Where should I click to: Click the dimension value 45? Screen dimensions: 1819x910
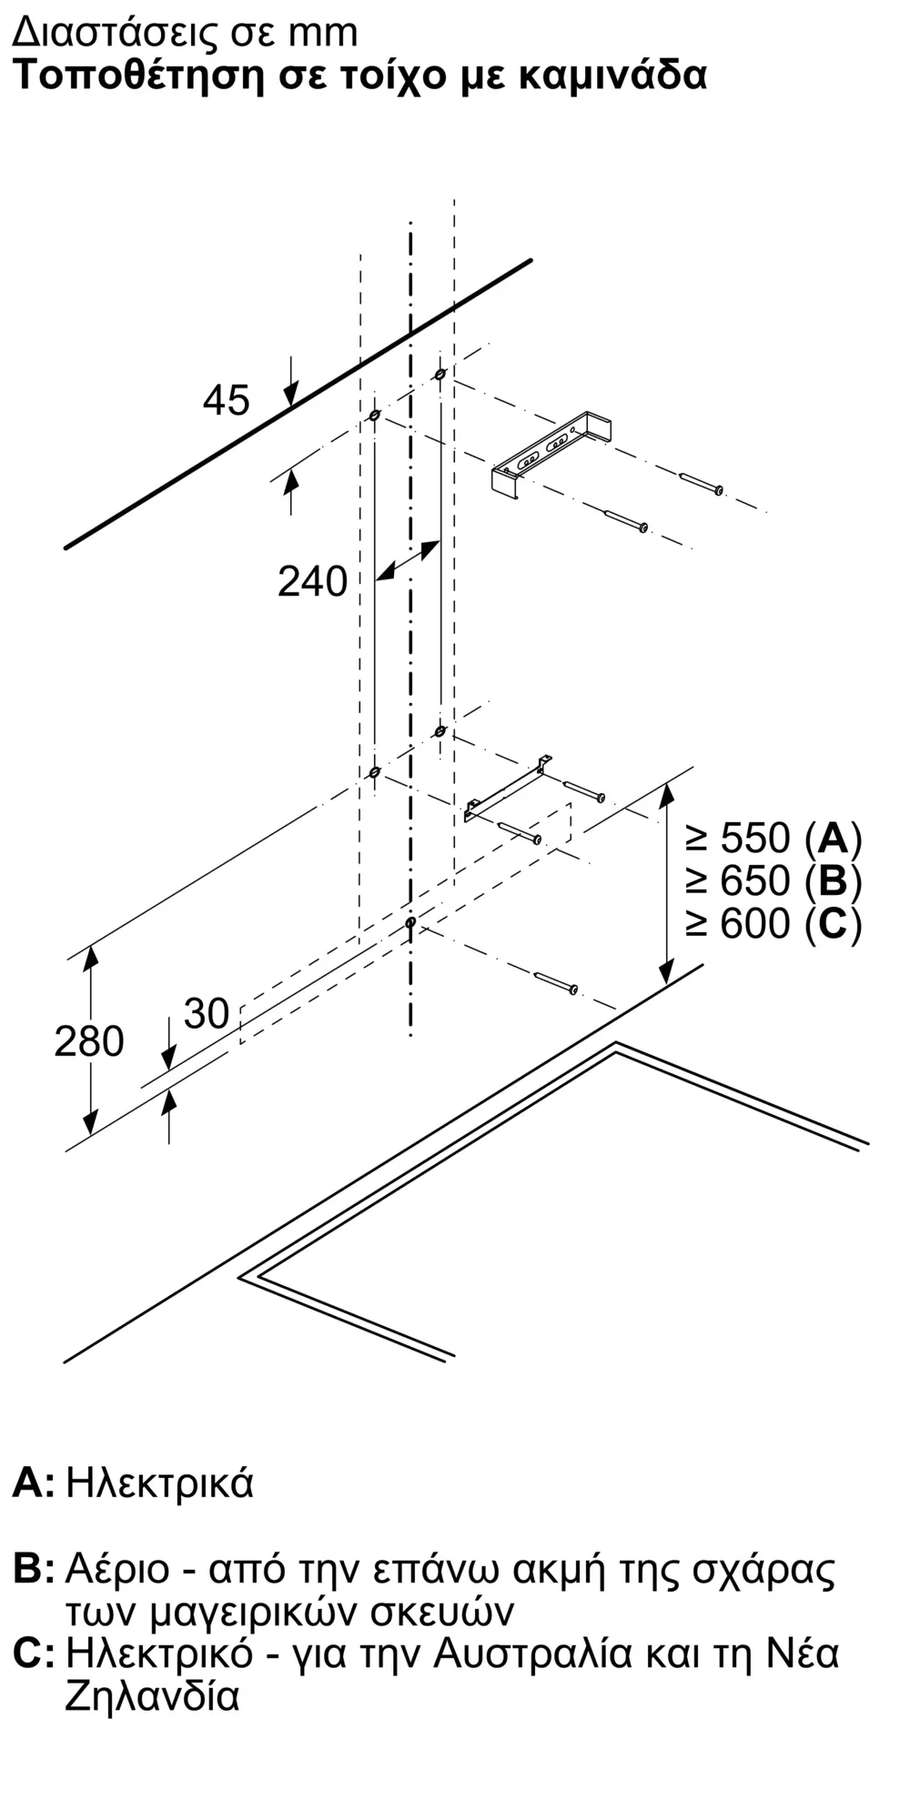pyautogui.click(x=226, y=400)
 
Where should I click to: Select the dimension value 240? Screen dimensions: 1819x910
pyautogui.click(x=312, y=581)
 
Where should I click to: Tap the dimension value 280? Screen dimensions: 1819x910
pyautogui.click(x=88, y=1041)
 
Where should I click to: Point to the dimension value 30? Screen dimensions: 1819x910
pyautogui.click(x=207, y=1014)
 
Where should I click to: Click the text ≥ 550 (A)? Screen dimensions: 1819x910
pyautogui.click(x=773, y=838)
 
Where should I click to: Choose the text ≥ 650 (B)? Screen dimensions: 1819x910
pyautogui.click(x=773, y=880)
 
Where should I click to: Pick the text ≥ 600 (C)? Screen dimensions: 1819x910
pyautogui.click(x=773, y=924)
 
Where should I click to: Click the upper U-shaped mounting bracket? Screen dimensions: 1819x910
pyautogui.click(x=551, y=454)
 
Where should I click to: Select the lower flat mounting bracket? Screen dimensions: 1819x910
pyautogui.click(x=506, y=789)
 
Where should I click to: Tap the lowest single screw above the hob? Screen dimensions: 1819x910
pyautogui.click(x=556, y=982)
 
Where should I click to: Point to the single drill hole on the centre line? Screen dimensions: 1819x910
pyautogui.click(x=410, y=923)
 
